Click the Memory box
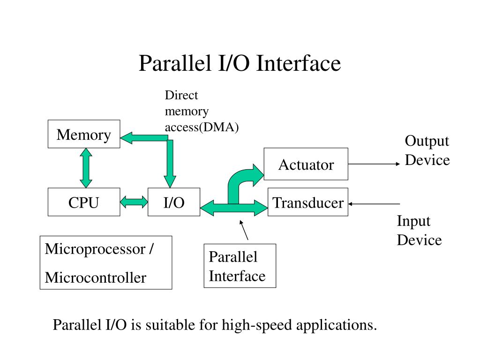coord(84,134)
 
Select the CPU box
coord(84,202)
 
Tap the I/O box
coord(174,202)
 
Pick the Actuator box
coord(306,164)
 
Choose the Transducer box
coord(308,202)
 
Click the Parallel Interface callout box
coord(240,266)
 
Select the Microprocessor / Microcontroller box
coord(106,262)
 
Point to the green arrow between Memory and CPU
coord(86,168)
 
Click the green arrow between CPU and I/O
coord(134,202)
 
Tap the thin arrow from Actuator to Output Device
coord(374,164)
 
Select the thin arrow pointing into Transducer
coord(374,203)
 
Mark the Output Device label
coord(427,150)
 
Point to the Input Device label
coord(420,231)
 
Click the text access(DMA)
coord(202,127)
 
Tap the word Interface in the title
coord(299,63)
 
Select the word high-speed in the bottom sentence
coord(256,325)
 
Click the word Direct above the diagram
coord(181,95)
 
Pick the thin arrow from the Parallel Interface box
coord(244,230)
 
